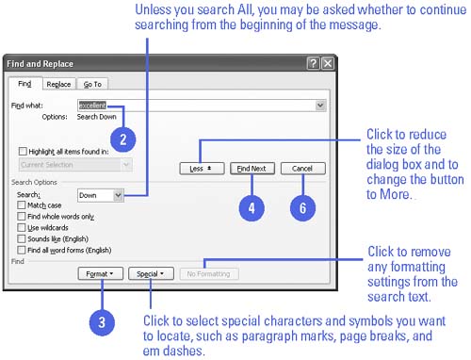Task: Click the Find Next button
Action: point(252,169)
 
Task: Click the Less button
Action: point(202,169)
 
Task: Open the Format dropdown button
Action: point(101,274)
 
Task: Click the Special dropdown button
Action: point(151,274)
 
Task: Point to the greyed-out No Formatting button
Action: point(209,274)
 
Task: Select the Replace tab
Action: point(58,84)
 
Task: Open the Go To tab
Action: point(92,84)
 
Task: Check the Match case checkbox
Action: point(22,205)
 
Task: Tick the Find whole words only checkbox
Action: point(22,217)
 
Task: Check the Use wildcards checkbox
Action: point(22,227)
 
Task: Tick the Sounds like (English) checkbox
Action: point(22,238)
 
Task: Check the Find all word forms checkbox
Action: point(22,250)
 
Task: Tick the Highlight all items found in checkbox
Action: point(23,152)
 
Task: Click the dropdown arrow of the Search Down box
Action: point(118,195)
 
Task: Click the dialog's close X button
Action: point(328,63)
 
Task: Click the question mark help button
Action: point(313,63)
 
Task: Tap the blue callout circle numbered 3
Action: point(102,322)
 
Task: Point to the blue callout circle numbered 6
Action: point(302,208)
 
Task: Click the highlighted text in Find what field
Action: point(92,106)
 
